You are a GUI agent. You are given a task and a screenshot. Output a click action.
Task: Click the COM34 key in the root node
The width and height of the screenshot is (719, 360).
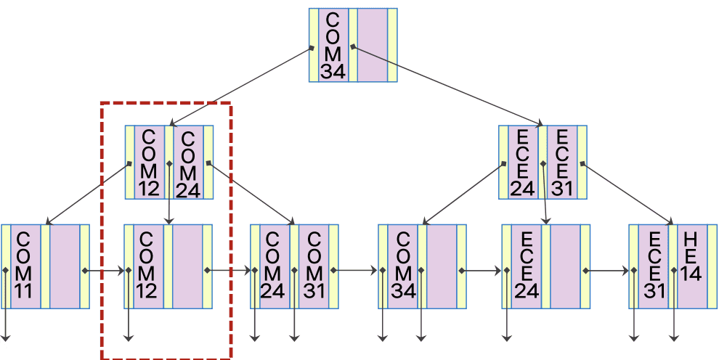click(333, 45)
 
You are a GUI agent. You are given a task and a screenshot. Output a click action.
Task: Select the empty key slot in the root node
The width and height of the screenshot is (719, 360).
click(372, 45)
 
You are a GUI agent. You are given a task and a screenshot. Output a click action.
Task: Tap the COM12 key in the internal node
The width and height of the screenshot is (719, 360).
click(149, 163)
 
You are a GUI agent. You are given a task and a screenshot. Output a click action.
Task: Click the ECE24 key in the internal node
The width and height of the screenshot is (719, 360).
click(522, 163)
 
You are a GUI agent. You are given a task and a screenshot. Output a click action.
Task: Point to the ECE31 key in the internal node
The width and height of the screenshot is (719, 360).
click(561, 163)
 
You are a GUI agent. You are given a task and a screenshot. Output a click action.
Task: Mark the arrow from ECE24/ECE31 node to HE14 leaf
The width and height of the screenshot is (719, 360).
click(629, 192)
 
